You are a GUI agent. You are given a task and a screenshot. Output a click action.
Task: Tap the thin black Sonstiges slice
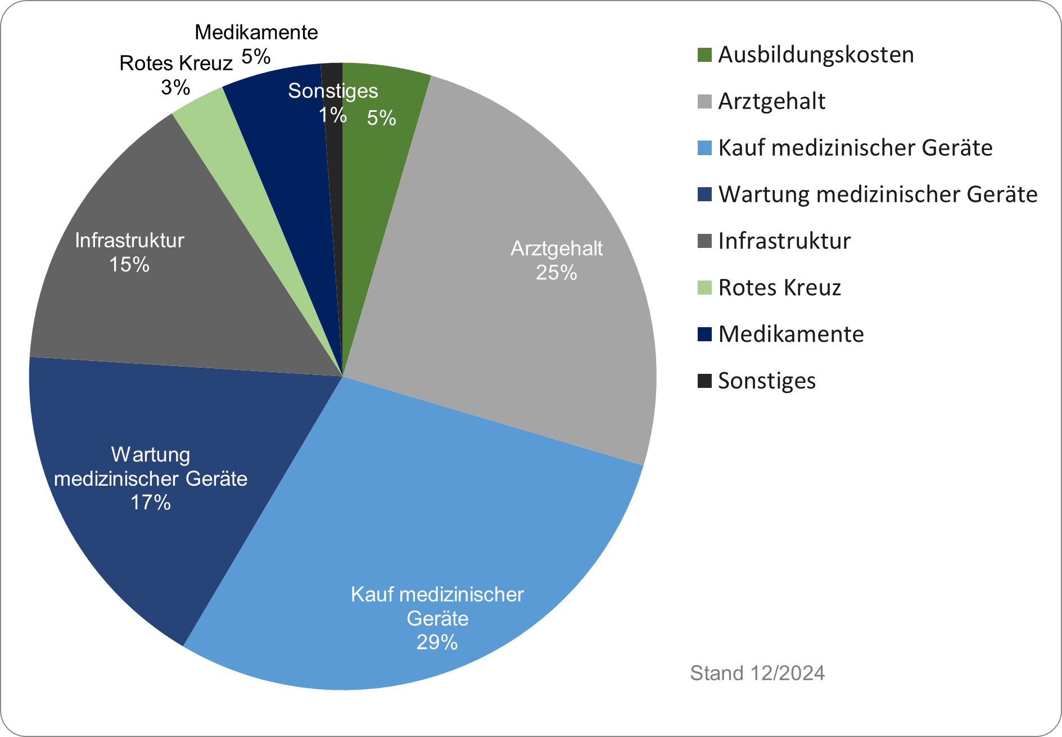point(335,169)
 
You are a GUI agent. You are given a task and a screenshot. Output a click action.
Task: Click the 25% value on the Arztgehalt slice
point(556,273)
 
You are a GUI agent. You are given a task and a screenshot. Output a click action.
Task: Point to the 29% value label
point(437,642)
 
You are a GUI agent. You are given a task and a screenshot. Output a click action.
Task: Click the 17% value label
point(151,502)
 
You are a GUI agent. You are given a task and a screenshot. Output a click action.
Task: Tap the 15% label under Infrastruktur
point(129,265)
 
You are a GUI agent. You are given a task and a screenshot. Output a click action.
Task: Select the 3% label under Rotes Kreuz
point(175,87)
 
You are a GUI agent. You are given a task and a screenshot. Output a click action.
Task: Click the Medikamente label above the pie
point(256,33)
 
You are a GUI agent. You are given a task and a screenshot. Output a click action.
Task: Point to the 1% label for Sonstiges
point(332,115)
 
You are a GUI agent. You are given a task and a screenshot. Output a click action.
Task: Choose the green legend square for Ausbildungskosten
point(704,55)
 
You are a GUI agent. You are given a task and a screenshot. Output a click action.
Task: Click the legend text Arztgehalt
point(771,101)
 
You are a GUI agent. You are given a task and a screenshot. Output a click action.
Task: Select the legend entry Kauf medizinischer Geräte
point(855,148)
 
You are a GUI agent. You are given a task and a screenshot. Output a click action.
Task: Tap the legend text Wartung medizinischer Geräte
point(877,195)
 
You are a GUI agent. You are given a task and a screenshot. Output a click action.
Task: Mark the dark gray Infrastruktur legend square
point(704,241)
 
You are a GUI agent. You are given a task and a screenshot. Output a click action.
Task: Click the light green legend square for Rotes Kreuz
point(704,287)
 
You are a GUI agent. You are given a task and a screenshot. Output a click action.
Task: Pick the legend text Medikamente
point(790,334)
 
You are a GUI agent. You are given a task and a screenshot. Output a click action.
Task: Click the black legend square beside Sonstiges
point(704,381)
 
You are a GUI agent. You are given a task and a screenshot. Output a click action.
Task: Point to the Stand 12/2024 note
point(757,673)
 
